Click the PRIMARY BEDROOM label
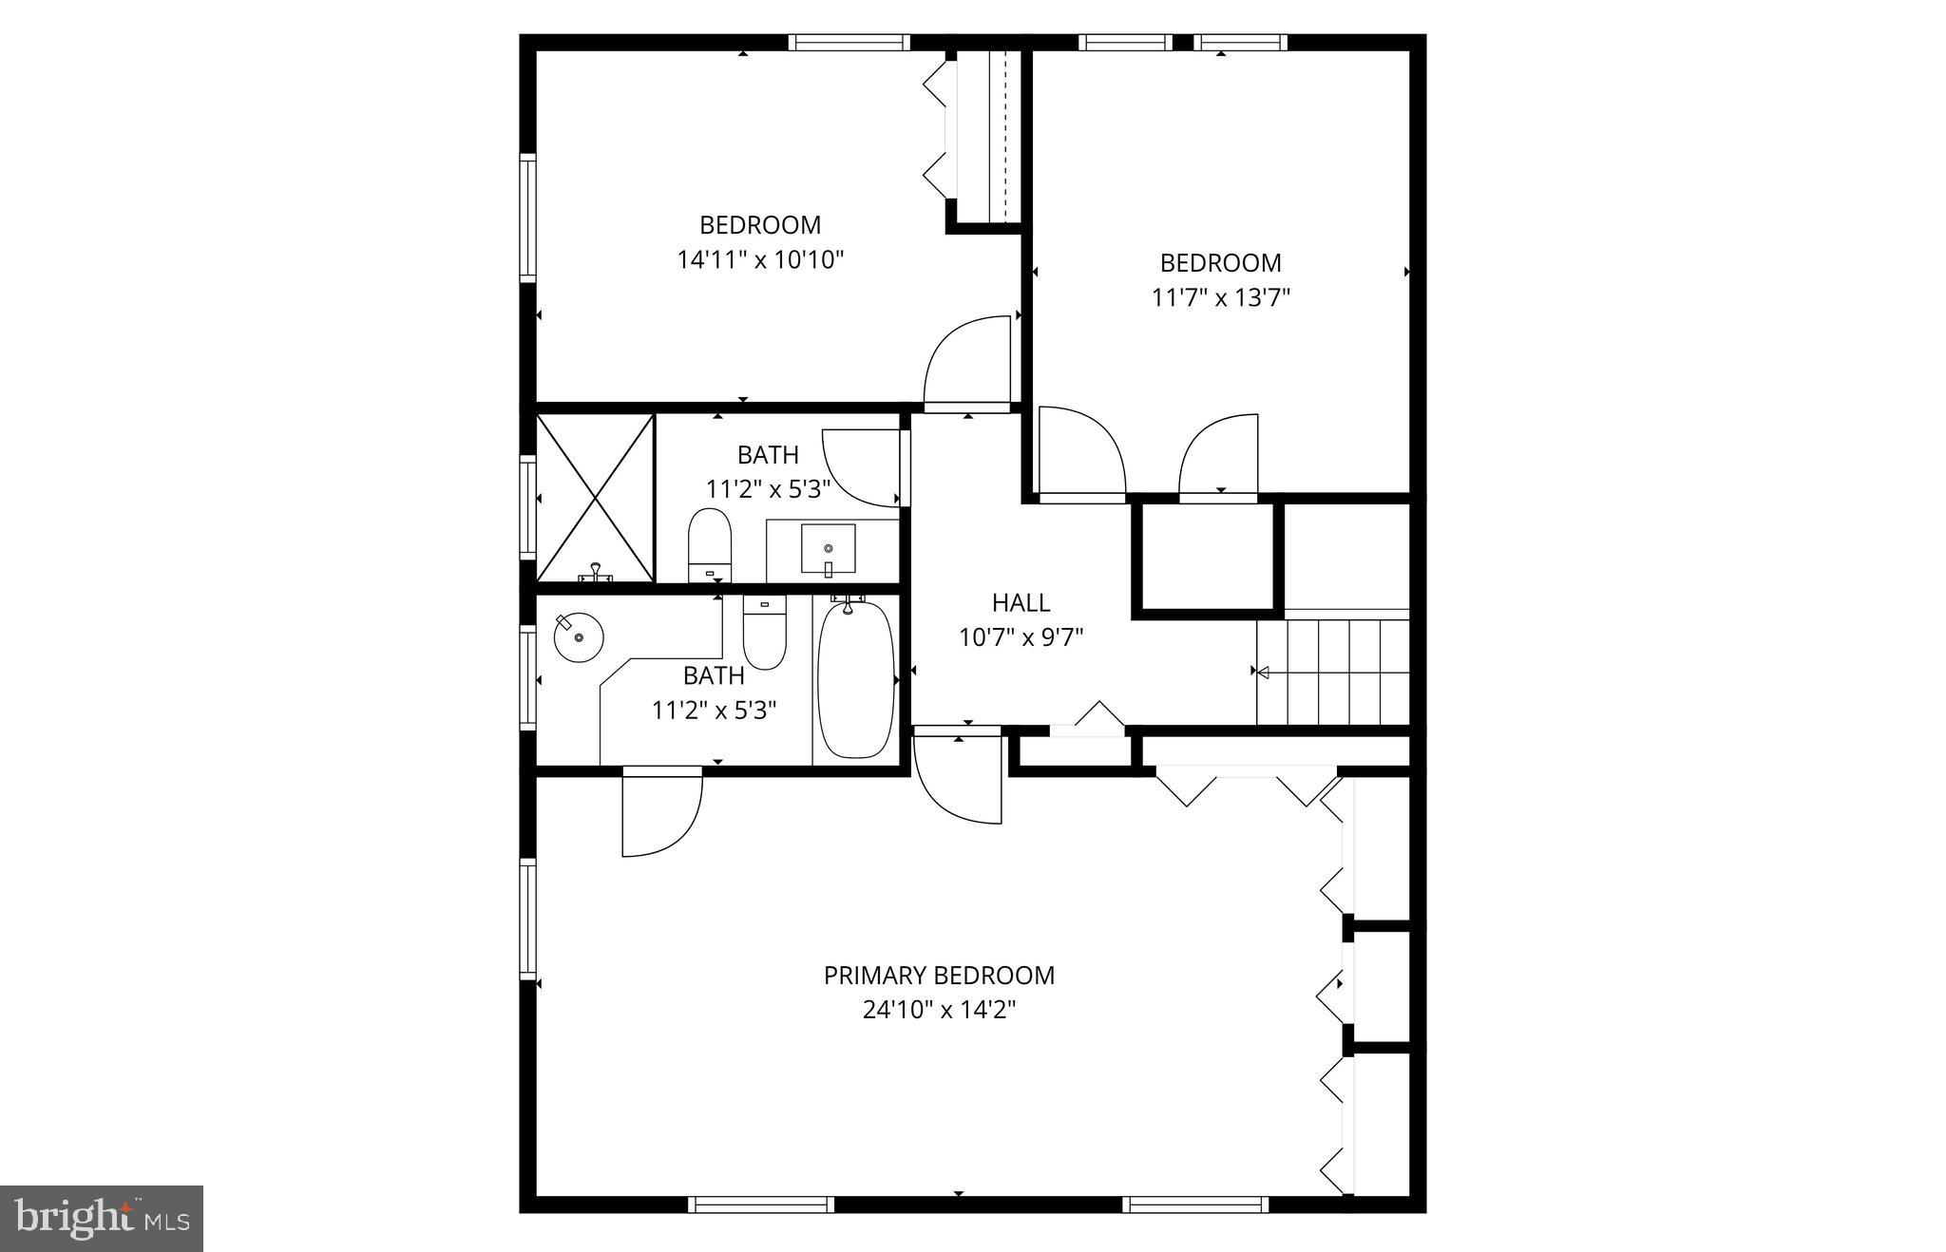click(939, 976)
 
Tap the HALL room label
click(1021, 603)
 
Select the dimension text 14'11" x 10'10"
click(760, 260)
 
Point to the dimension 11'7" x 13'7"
click(1220, 298)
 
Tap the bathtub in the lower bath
click(856, 679)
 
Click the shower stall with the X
click(596, 497)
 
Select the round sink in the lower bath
click(579, 636)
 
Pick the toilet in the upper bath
click(709, 546)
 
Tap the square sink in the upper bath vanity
click(828, 549)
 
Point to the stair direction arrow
click(1263, 672)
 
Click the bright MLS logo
click(102, 1218)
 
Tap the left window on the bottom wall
click(761, 1205)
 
